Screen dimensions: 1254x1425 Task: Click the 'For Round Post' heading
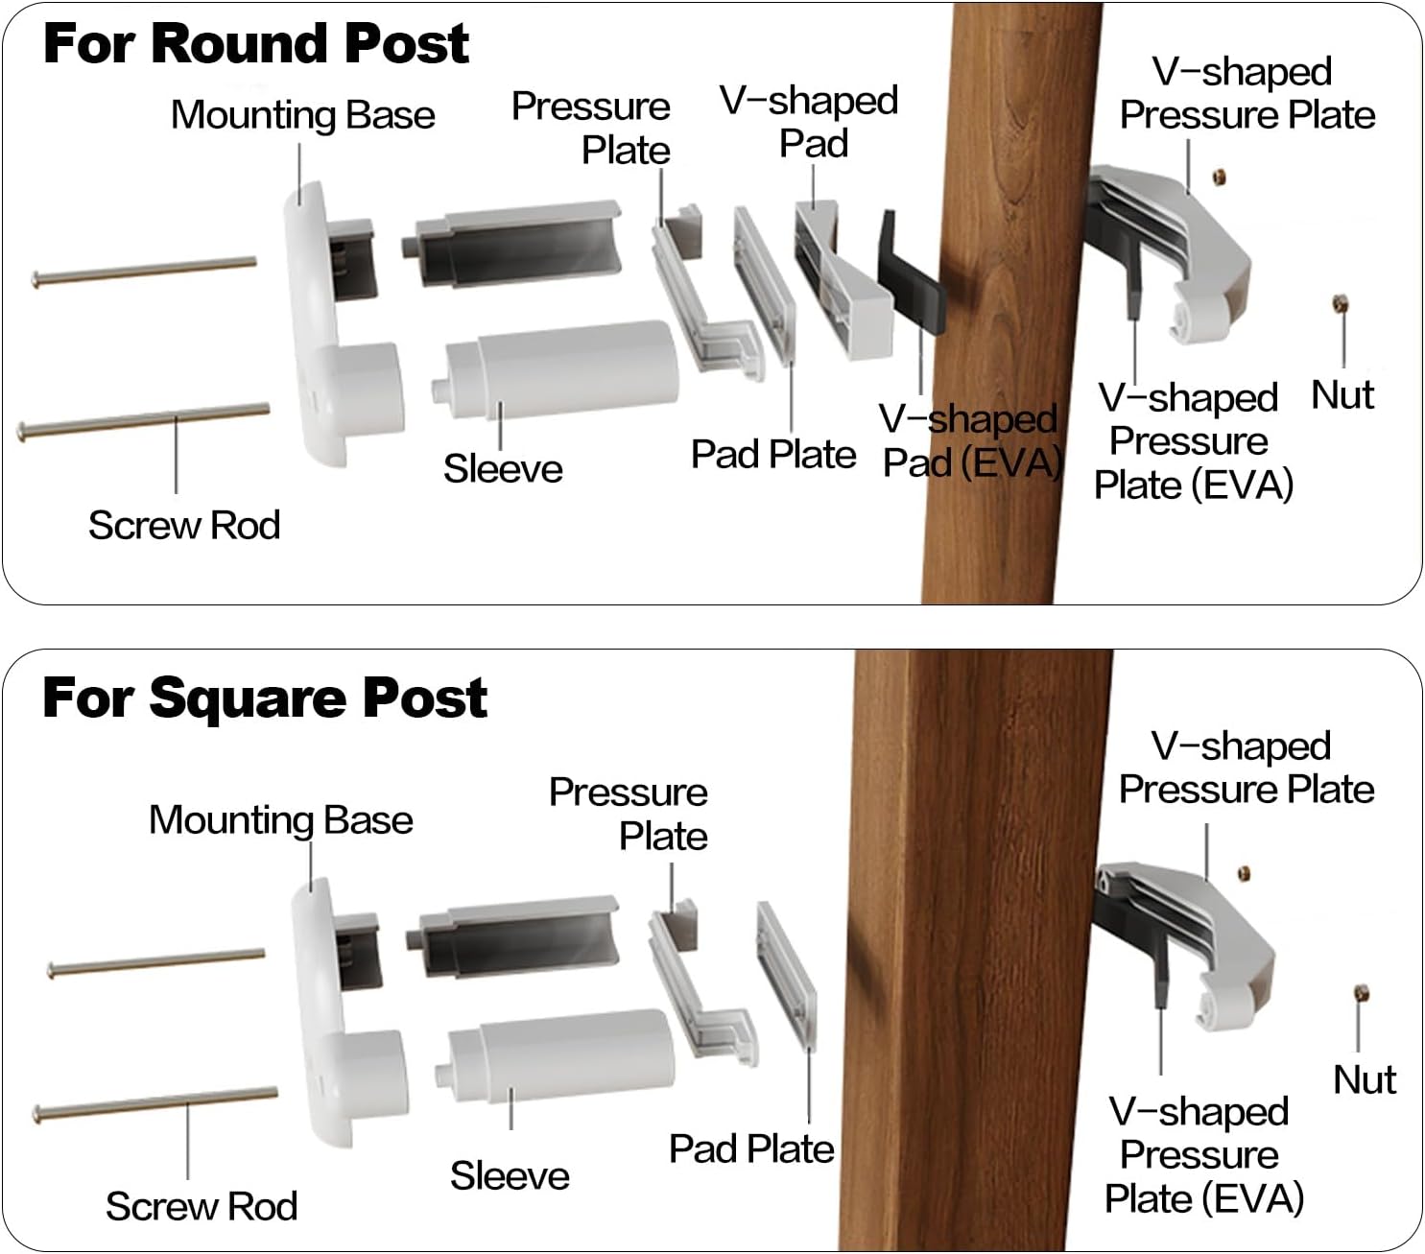255,43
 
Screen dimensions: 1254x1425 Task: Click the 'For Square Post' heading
264,698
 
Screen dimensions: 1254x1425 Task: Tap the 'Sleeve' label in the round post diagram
502,468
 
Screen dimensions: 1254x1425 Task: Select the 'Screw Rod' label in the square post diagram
201,1206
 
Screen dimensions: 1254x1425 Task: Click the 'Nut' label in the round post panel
1342,395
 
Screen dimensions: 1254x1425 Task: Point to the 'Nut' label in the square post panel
1364,1079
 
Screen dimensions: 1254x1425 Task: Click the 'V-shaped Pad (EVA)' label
969,441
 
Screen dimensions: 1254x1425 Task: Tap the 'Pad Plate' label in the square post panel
750,1148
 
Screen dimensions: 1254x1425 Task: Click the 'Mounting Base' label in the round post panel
302,115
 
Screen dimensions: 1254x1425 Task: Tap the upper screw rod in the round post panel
144,271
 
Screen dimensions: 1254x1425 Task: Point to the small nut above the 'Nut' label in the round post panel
1340,305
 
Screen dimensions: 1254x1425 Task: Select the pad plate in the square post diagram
787,974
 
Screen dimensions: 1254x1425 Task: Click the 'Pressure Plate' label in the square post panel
629,814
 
